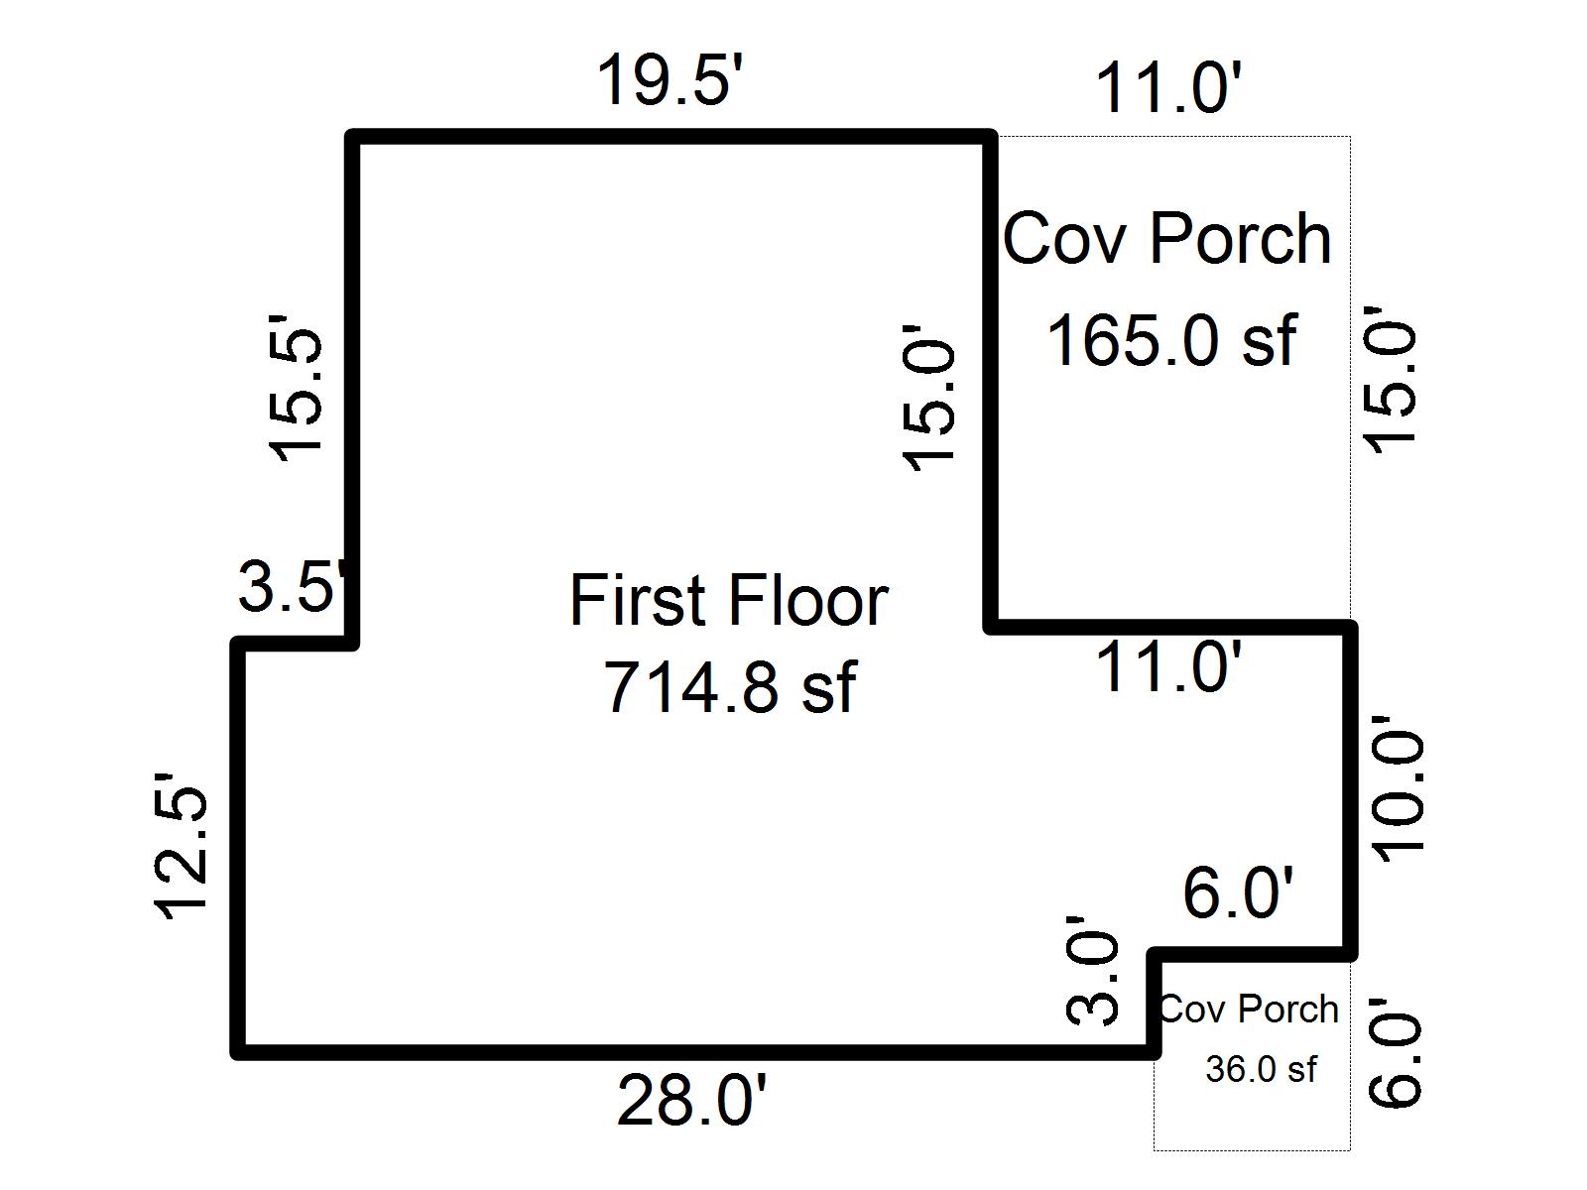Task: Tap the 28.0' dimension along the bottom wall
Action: pyautogui.click(x=691, y=1101)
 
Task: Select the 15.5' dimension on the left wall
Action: pyautogui.click(x=297, y=389)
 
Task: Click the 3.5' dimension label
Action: pyautogui.click(x=295, y=588)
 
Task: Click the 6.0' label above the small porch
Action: pyautogui.click(x=1238, y=892)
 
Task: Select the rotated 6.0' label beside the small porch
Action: pyautogui.click(x=1397, y=1061)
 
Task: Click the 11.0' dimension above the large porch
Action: pyautogui.click(x=1167, y=89)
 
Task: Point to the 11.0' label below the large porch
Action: pyautogui.click(x=1167, y=666)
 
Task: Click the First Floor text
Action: pyautogui.click(x=728, y=601)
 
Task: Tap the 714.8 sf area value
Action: pyautogui.click(x=728, y=687)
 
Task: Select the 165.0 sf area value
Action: pyautogui.click(x=1170, y=340)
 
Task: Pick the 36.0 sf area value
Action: pyautogui.click(x=1261, y=1069)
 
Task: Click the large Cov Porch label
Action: pyautogui.click(x=1166, y=240)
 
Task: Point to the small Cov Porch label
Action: pyautogui.click(x=1249, y=1010)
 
